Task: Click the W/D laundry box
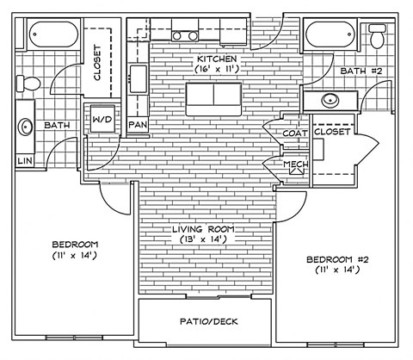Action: [x=102, y=119]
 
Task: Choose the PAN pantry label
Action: [x=138, y=125]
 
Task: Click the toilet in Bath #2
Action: [x=376, y=37]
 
